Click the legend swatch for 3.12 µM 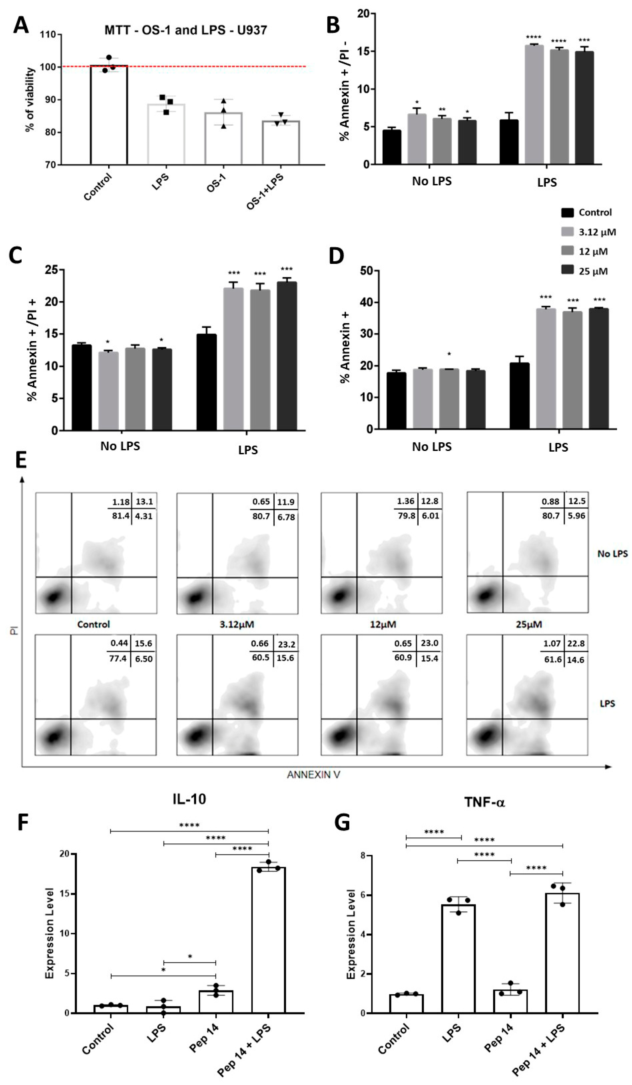click(x=568, y=232)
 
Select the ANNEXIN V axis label click(x=314, y=775)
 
